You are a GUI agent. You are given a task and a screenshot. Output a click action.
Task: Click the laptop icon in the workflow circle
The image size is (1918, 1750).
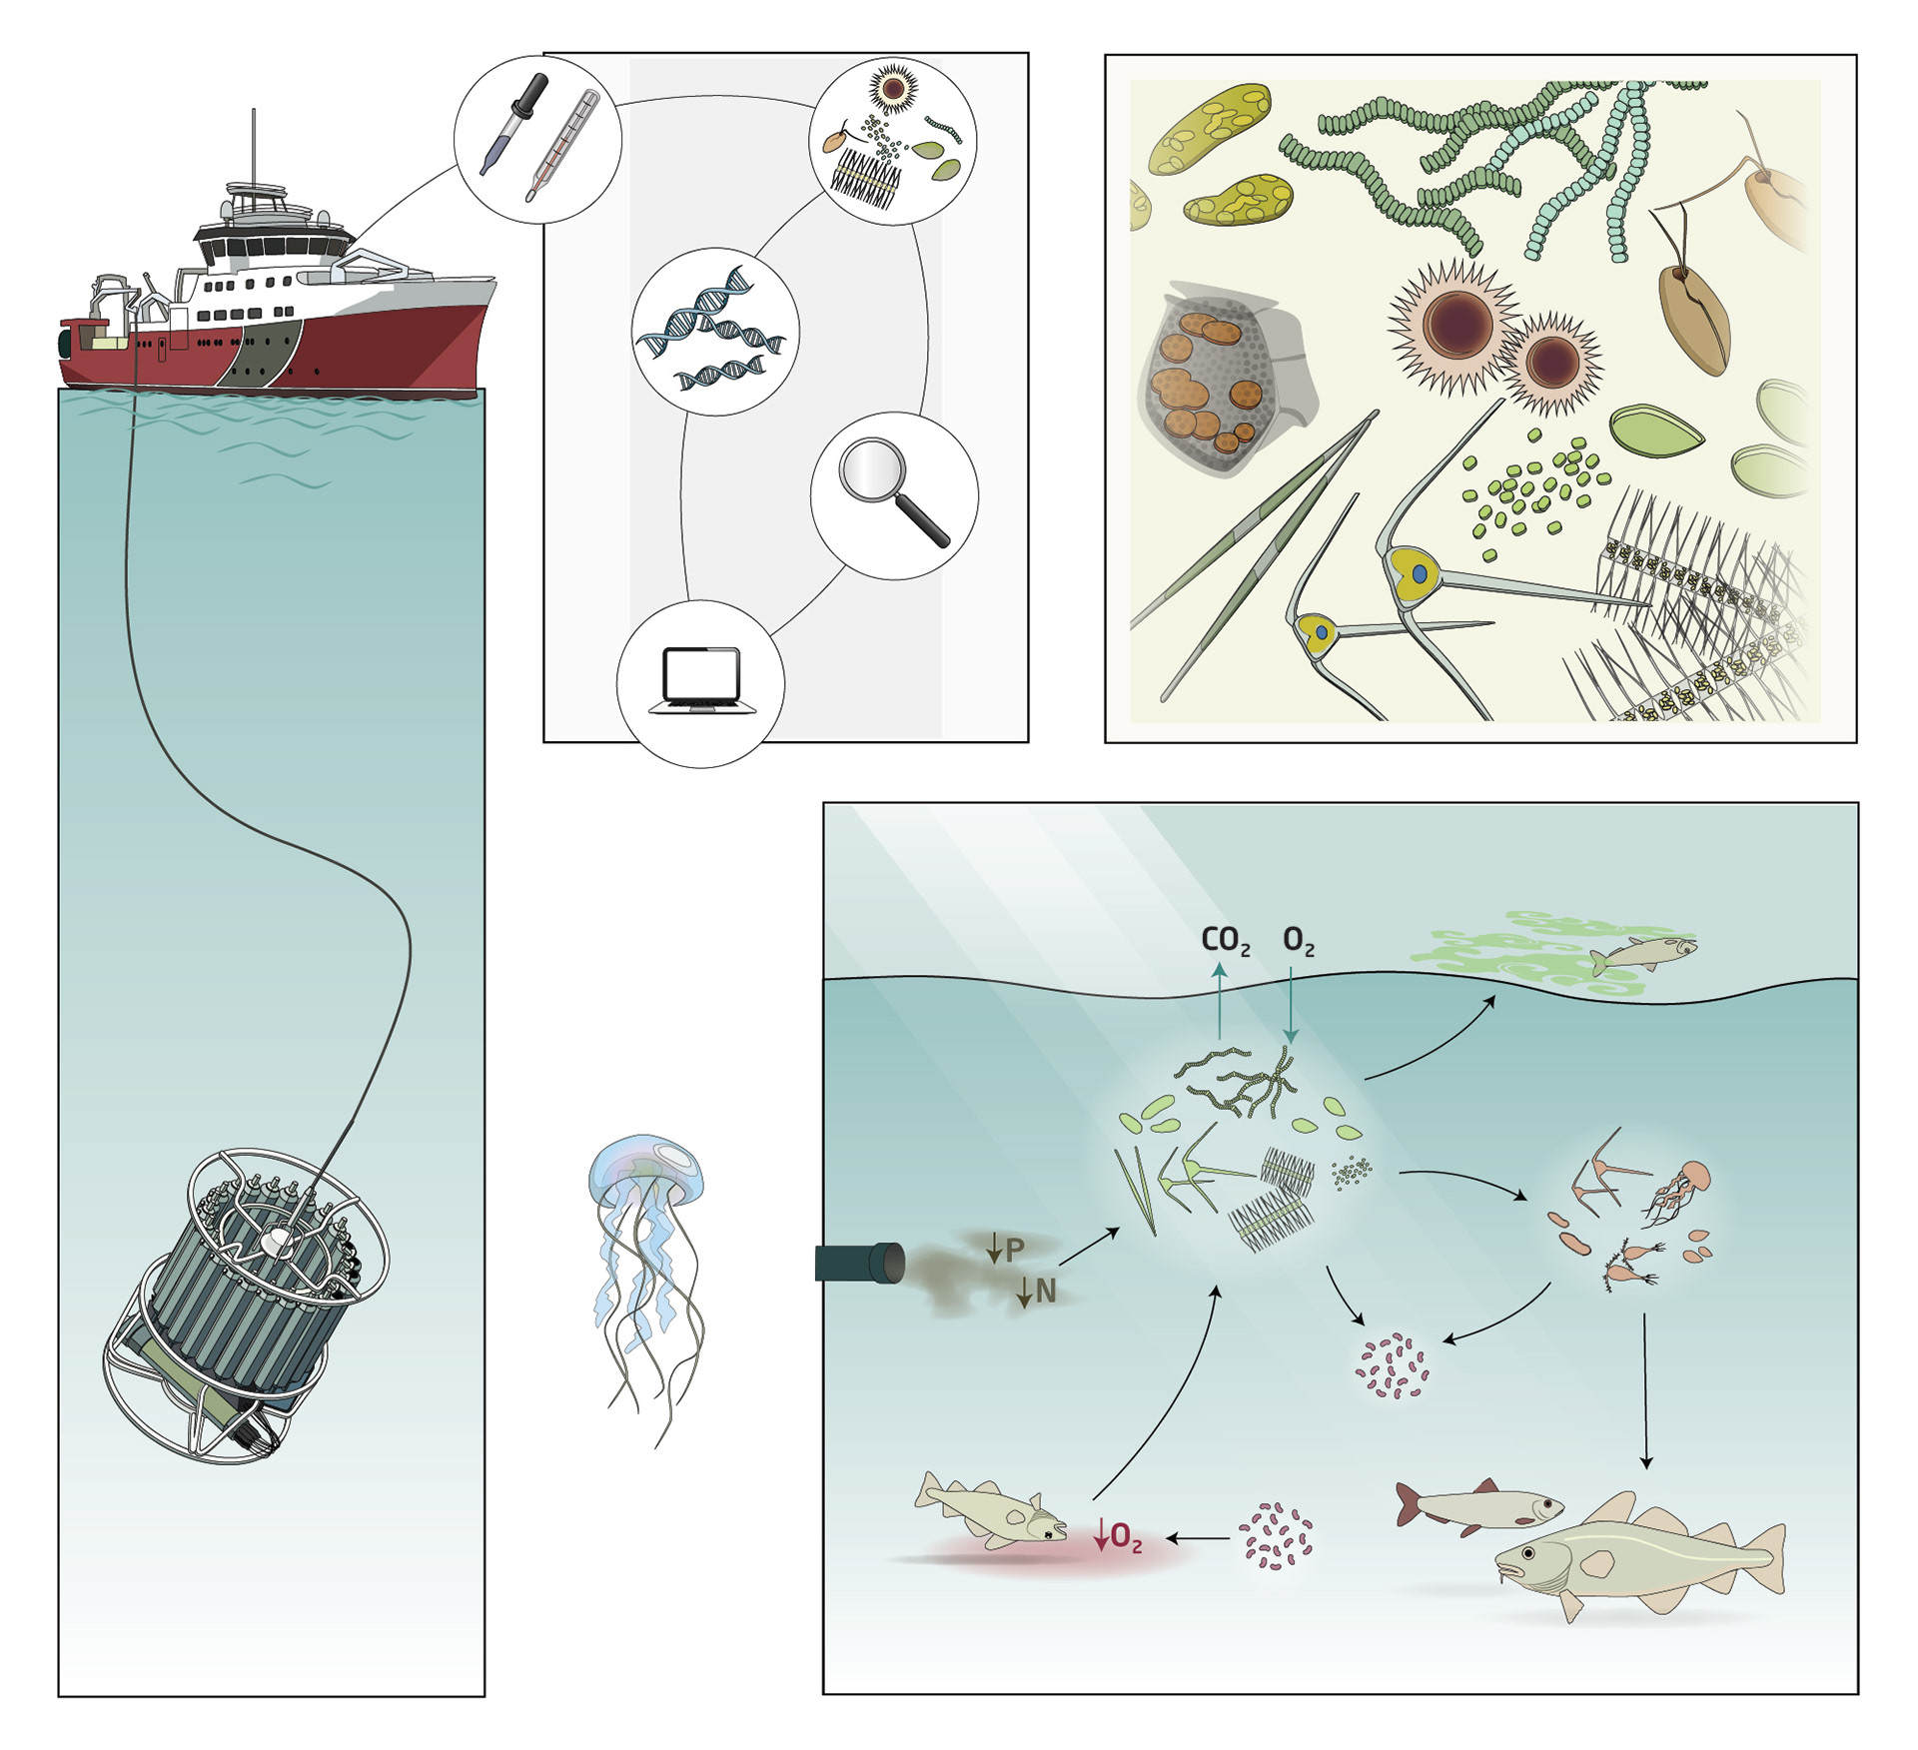(x=702, y=680)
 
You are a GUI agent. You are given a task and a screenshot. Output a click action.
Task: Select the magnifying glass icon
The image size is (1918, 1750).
(x=891, y=491)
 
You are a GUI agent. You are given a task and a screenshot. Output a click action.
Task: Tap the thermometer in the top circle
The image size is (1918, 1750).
(x=563, y=146)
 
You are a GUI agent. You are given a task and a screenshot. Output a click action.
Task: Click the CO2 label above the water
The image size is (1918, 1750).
(x=1224, y=940)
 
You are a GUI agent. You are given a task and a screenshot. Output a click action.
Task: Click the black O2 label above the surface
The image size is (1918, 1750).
(x=1298, y=940)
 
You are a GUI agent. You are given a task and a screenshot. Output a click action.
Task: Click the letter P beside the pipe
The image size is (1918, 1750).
(x=1014, y=1249)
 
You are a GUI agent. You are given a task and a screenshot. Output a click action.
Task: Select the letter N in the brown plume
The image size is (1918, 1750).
(x=1045, y=1292)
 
